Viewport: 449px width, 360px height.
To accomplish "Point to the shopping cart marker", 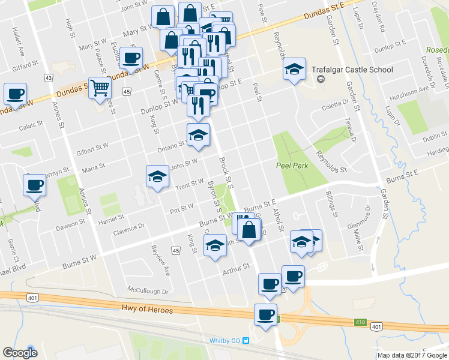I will (100, 89).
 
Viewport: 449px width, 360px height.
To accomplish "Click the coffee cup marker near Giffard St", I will (131, 58).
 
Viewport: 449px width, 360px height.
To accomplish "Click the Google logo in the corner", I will (20, 352).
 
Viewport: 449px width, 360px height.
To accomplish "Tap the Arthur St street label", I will (235, 271).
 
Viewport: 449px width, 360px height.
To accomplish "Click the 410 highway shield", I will (360, 323).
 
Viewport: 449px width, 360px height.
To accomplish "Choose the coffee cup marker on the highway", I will (265, 314).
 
